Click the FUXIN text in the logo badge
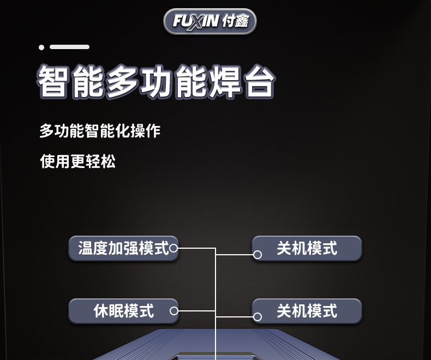pyautogui.click(x=196, y=21)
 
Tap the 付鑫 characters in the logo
pyautogui.click(x=236, y=21)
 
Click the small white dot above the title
pyautogui.click(x=41, y=47)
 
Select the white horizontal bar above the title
pyautogui.click(x=69, y=47)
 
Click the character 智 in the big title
pyautogui.click(x=53, y=81)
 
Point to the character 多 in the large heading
pyautogui.click(x=122, y=81)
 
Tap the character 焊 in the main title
pyautogui.click(x=225, y=81)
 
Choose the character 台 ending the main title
pyautogui.click(x=260, y=81)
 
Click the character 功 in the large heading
pyautogui.click(x=157, y=81)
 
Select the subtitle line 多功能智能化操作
pyautogui.click(x=100, y=130)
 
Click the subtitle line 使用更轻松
pyautogui.click(x=78, y=161)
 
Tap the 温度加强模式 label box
pyautogui.click(x=123, y=248)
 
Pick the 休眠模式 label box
pyautogui.click(x=123, y=311)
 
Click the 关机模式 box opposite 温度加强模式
pyautogui.click(x=307, y=248)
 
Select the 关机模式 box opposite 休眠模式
pyautogui.click(x=307, y=311)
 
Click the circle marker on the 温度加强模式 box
pyautogui.click(x=173, y=248)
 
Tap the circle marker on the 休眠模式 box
pyautogui.click(x=173, y=311)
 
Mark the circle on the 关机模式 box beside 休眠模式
pyautogui.click(x=258, y=317)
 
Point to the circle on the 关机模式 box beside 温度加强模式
pyautogui.click(x=258, y=255)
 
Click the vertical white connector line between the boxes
pyautogui.click(x=215, y=304)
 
